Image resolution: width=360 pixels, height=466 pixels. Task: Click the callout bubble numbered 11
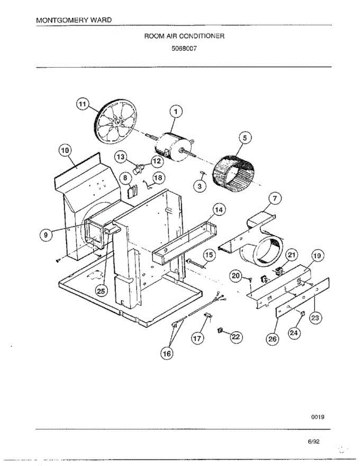[82, 104]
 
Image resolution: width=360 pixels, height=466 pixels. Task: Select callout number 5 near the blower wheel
[245, 137]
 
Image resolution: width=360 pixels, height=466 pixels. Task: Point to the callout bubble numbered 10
[65, 150]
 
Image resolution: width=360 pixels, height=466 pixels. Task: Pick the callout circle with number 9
[46, 235]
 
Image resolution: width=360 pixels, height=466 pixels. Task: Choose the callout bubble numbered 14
[219, 210]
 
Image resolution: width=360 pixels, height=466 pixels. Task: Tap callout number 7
[275, 199]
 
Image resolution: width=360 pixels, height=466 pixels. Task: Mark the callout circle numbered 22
[236, 337]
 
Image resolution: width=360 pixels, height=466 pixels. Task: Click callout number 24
[294, 333]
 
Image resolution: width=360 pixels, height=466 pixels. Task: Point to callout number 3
[200, 186]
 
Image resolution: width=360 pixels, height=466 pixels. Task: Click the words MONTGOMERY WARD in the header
[74, 19]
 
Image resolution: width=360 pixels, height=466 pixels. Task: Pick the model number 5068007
[184, 49]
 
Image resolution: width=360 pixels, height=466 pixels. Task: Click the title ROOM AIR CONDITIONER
[184, 36]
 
